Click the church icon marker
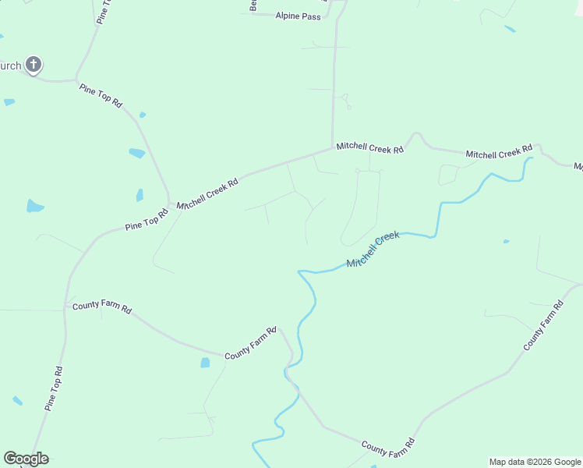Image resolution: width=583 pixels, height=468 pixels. coord(34,65)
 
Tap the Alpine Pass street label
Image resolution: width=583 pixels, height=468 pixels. coord(298,16)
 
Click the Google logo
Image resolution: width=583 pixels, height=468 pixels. coord(26,459)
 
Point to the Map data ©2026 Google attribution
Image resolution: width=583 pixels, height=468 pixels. coord(535,462)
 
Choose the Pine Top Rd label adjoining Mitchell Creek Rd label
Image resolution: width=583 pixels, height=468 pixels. coord(147,220)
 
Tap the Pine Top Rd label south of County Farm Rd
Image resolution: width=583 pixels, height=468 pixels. coord(53,388)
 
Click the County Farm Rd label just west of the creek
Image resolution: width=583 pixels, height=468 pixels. coord(250,344)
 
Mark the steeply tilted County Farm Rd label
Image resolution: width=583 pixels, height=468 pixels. coord(543,325)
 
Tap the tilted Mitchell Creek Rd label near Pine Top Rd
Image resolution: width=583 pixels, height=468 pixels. coord(207,193)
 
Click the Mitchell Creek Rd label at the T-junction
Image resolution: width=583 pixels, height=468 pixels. coord(369,147)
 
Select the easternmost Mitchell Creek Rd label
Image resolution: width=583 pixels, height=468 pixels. coord(499,151)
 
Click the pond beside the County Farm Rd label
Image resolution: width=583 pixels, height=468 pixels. coord(205,363)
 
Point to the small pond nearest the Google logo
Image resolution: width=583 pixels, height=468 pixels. coord(17,400)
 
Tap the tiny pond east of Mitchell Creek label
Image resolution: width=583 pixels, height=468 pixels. coord(506,241)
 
